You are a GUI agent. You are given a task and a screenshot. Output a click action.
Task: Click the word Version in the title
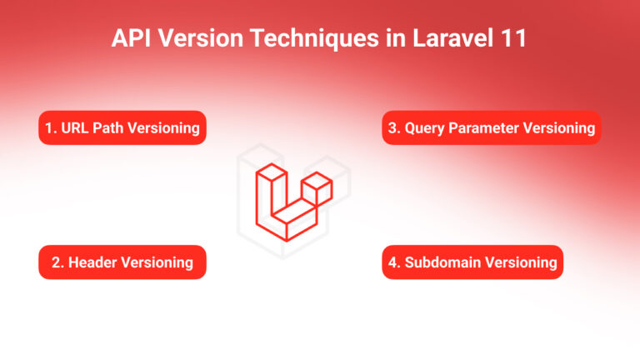coord(202,39)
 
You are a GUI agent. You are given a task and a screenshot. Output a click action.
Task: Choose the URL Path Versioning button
coord(122,128)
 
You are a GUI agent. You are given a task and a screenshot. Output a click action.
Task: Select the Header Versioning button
coord(122,262)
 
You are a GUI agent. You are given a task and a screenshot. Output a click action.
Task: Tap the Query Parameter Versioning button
coord(492,128)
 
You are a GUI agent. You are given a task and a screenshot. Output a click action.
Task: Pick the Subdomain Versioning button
coord(472,262)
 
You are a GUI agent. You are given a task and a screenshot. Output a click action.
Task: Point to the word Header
coord(92,262)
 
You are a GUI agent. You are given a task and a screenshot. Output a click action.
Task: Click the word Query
coord(425,128)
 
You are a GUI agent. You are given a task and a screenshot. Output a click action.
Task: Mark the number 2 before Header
coord(55,262)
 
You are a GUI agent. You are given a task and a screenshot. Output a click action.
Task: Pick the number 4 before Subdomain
coord(393,262)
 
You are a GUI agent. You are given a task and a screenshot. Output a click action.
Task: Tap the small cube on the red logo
coord(317,188)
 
